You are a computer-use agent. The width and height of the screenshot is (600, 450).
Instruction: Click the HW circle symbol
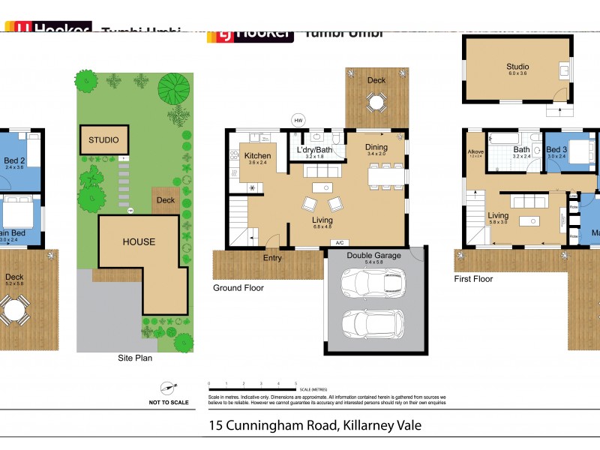(x=298, y=121)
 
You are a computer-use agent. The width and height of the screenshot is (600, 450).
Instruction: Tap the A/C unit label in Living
(x=340, y=243)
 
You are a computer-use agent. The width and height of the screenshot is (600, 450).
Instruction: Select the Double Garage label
(x=374, y=256)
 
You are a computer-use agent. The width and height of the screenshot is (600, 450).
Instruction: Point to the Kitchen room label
(x=257, y=156)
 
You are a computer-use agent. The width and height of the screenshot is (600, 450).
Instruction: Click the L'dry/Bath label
(x=315, y=149)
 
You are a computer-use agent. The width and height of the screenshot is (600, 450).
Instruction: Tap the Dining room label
(x=376, y=147)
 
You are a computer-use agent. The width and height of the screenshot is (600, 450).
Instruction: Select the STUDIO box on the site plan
(x=104, y=140)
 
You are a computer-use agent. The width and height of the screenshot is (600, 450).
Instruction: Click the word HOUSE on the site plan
(x=139, y=241)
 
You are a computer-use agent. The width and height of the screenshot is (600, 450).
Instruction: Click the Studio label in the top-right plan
(x=517, y=67)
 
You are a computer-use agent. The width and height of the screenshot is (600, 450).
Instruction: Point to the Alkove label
(x=475, y=151)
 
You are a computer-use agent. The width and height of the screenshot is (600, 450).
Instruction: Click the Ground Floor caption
(x=238, y=288)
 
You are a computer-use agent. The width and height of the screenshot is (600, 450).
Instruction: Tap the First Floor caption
(x=473, y=279)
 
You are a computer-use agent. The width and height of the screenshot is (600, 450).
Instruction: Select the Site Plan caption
(x=135, y=358)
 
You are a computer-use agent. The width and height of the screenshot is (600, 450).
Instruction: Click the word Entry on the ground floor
(x=271, y=259)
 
